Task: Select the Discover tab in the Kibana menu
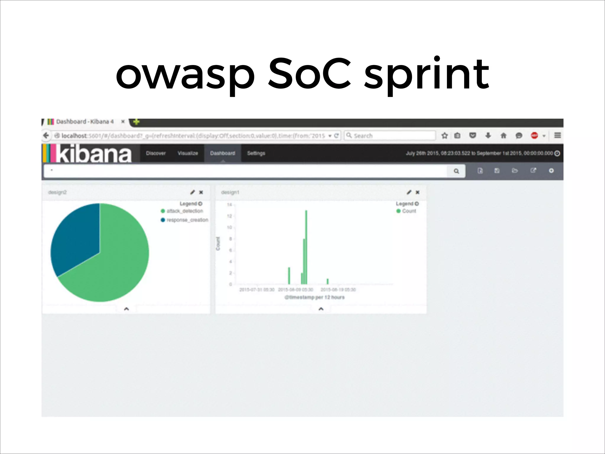click(x=156, y=153)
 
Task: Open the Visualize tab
click(x=188, y=153)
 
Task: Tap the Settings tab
click(x=256, y=153)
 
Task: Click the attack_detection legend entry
click(x=184, y=211)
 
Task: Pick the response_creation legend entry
click(x=187, y=220)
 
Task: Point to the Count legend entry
click(x=409, y=211)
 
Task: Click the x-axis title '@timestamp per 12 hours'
click(x=314, y=297)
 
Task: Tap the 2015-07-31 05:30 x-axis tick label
click(x=257, y=290)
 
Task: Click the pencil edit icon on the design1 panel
click(x=409, y=192)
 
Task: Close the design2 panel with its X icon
click(x=201, y=192)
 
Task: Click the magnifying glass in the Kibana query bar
click(x=456, y=171)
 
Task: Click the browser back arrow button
click(x=46, y=136)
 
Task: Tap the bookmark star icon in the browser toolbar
click(x=444, y=136)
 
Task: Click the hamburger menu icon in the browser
click(x=557, y=135)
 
